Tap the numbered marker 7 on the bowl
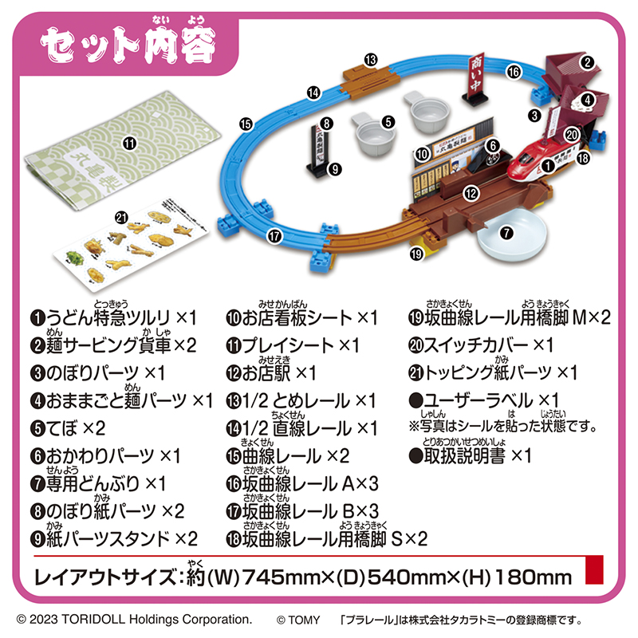click(x=506, y=233)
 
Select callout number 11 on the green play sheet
click(x=130, y=144)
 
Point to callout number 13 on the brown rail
click(x=371, y=61)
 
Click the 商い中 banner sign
click(x=475, y=79)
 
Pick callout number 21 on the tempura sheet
click(x=121, y=218)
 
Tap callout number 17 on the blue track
click(x=274, y=236)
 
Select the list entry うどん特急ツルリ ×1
click(x=113, y=317)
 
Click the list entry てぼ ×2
click(x=68, y=428)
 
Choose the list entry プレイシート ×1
click(x=293, y=345)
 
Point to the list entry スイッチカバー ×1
click(x=481, y=345)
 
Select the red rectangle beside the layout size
click(x=594, y=569)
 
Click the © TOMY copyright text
click(x=298, y=620)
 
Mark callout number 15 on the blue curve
click(x=246, y=124)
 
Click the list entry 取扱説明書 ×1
click(x=471, y=455)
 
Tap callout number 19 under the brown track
click(x=416, y=254)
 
